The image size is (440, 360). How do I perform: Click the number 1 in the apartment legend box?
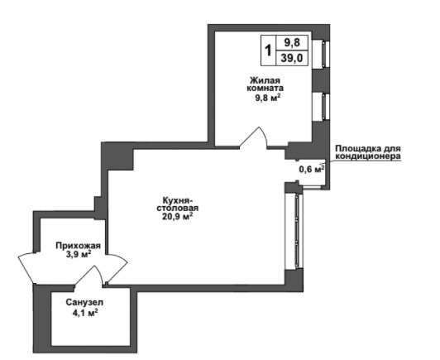pos(268,50)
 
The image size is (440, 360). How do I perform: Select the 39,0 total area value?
pos(292,58)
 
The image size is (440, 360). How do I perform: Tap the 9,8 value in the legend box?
pos(292,43)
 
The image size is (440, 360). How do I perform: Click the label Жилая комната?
pos(265,84)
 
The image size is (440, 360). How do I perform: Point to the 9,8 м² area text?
pos(268,98)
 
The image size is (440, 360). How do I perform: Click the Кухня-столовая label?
pos(177,204)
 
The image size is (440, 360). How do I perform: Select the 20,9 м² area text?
pos(177,217)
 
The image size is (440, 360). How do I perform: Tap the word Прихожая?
pos(78,246)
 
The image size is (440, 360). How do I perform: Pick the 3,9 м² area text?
pos(78,255)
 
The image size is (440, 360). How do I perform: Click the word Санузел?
pos(84,302)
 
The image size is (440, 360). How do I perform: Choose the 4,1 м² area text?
pos(85,313)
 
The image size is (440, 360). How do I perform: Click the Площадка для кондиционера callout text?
pos(368,152)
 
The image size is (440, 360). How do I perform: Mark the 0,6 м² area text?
pos(312,170)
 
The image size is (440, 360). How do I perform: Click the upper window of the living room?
pos(321,53)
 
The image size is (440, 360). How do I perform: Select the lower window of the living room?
pos(321,106)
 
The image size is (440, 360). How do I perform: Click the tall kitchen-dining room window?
pos(294,231)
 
